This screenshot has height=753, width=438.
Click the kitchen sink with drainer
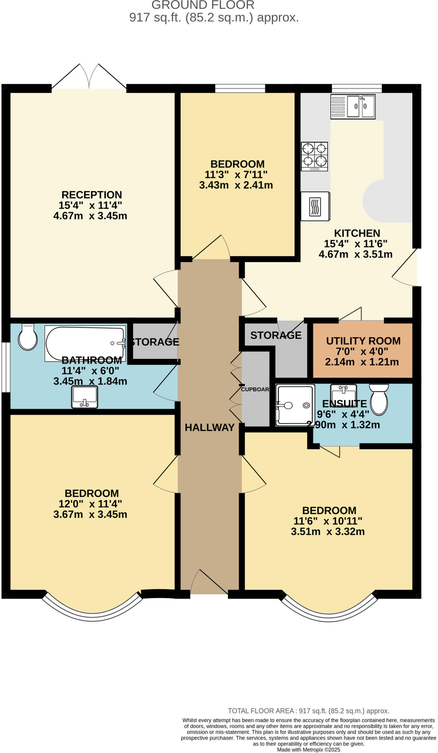tap(352, 107)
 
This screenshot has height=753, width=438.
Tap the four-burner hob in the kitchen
tap(314, 157)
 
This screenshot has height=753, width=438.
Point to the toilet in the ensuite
tap(379, 399)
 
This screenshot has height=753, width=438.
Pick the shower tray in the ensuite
tap(295, 405)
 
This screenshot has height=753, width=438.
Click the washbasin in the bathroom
tap(85, 397)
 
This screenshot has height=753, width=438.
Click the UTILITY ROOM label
tap(363, 341)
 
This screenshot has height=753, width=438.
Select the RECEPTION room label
tap(92, 195)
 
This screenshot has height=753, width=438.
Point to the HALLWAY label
tap(209, 427)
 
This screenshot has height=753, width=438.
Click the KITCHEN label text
tap(357, 233)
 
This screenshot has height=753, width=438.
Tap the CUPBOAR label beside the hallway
tap(255, 389)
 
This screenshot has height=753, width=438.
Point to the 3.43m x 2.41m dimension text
tap(236, 185)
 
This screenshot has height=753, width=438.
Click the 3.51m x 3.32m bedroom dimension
tap(328, 531)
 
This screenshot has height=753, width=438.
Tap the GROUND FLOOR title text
tap(203, 5)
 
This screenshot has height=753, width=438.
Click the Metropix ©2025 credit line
tap(308, 749)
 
